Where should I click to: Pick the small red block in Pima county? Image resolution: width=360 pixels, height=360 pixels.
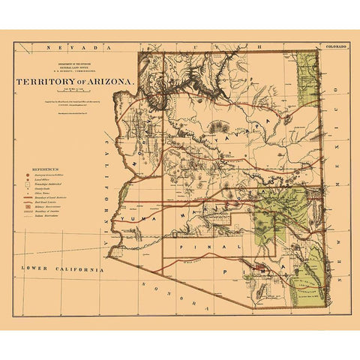point(259,265)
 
